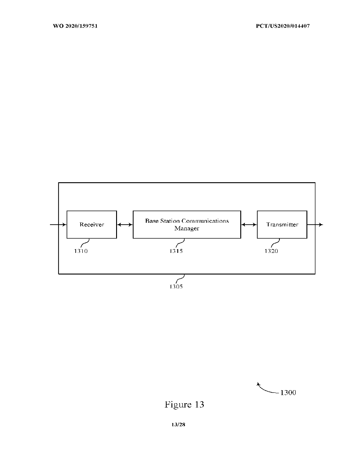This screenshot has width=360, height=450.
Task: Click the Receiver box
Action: pos(91,224)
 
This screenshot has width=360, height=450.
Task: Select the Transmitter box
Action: pos(282,224)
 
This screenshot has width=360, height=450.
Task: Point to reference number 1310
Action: pos(81,251)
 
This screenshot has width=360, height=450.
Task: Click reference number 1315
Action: pos(176,251)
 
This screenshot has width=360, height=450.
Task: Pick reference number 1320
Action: pos(271,251)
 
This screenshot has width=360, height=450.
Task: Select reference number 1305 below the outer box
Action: pos(176,287)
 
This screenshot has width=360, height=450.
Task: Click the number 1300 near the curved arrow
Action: pos(288,393)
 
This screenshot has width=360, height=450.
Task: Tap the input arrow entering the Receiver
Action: pos(58,224)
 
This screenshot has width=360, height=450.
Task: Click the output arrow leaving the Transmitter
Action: pos(315,224)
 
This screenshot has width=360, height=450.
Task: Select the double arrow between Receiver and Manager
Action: pos(125,224)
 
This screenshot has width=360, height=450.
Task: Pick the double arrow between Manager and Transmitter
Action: pos(249,224)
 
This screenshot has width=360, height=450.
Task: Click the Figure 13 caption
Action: pos(184,405)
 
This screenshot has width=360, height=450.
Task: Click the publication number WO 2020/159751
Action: pos(76,26)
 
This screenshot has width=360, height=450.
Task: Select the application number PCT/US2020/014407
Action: pos(283,26)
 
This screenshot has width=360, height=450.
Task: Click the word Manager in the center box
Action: pos(187,228)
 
